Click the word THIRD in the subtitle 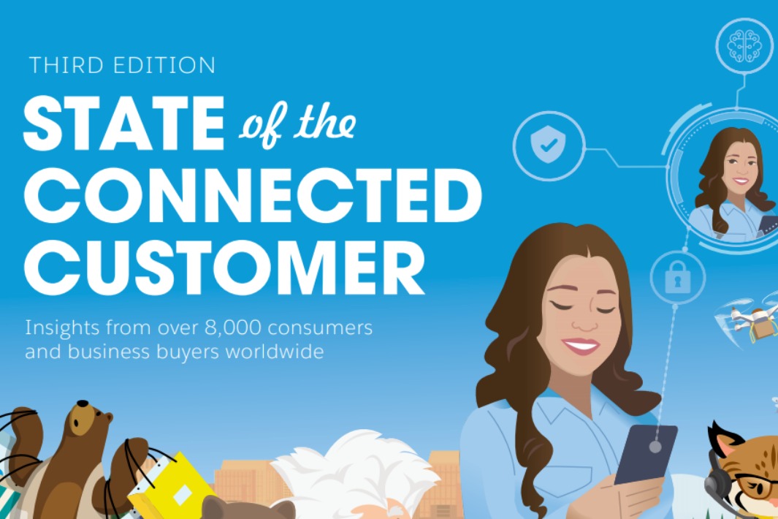click(66, 65)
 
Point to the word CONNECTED click(253, 196)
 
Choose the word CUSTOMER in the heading click(224, 268)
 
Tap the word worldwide click(275, 352)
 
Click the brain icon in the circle click(744, 46)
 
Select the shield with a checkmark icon click(548, 145)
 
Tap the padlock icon click(678, 277)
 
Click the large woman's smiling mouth click(581, 346)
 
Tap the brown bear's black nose click(83, 404)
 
